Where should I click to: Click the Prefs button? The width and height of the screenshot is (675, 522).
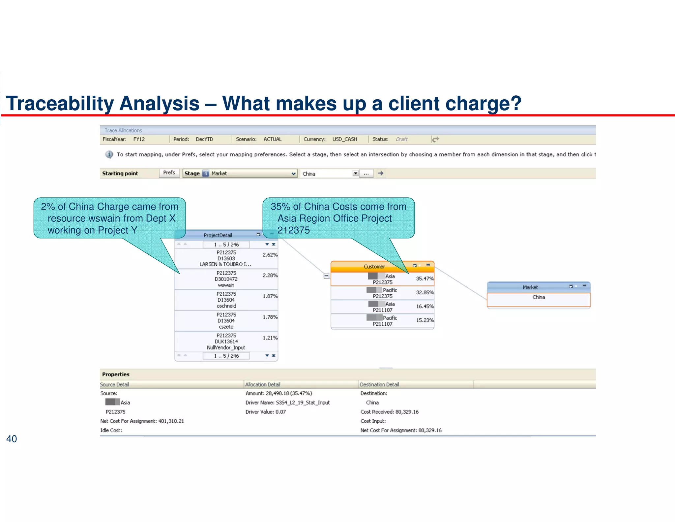169,173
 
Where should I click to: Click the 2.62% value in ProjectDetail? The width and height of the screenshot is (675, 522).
270,255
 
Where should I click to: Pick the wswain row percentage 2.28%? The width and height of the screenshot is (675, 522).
270,275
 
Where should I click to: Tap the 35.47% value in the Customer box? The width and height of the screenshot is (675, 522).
425,278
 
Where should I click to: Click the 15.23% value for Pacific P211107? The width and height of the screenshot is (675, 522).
425,320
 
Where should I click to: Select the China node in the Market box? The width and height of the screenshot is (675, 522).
539,297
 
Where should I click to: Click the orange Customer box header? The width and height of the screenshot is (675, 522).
374,267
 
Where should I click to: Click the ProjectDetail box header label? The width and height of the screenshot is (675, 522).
218,235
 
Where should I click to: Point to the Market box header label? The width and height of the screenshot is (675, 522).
530,287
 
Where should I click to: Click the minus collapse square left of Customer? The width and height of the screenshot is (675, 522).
326,276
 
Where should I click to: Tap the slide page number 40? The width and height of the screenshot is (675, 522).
12,439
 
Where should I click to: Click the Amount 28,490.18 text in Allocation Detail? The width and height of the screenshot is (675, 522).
279,393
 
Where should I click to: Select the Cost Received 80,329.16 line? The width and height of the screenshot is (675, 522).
389,412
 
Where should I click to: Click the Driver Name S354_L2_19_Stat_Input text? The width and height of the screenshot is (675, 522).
287,403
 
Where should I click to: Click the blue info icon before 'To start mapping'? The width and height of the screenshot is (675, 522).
109,154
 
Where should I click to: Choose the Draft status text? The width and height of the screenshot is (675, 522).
401,139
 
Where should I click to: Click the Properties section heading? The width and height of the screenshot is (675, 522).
116,374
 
